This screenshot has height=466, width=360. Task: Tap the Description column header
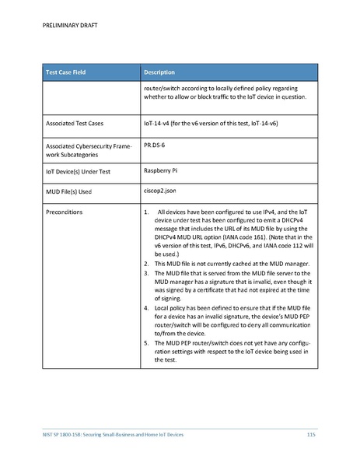(164, 72)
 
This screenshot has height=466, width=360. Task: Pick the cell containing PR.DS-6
(159, 145)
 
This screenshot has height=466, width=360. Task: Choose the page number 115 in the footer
(311, 433)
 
